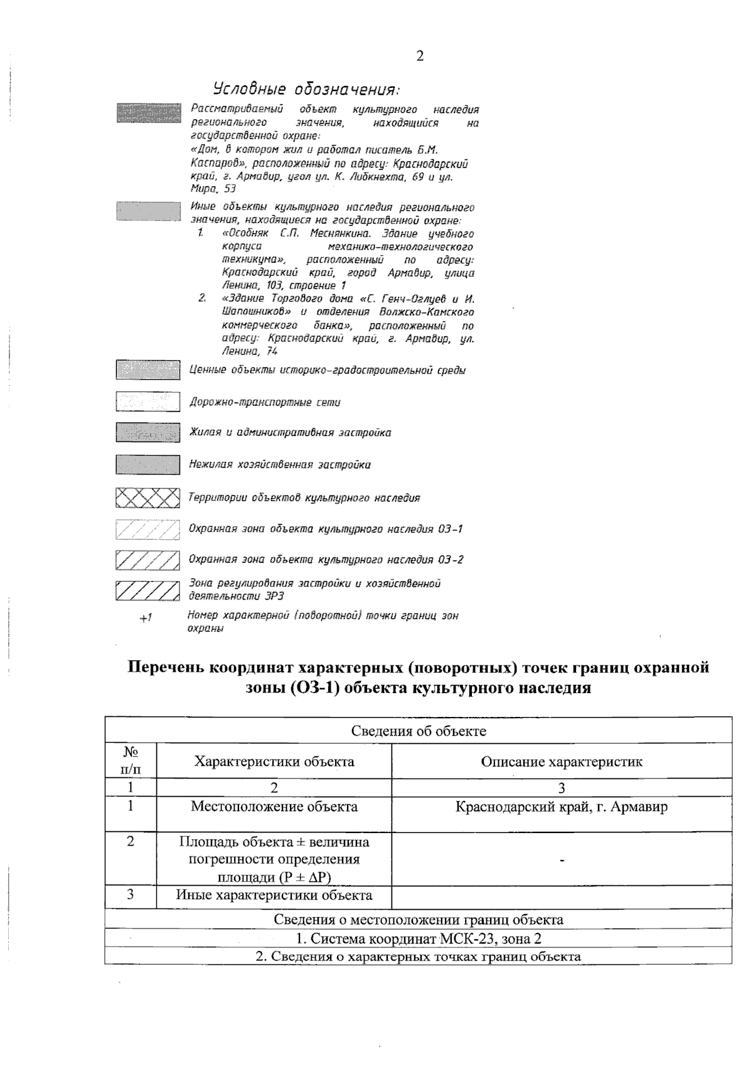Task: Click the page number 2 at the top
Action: click(x=420, y=57)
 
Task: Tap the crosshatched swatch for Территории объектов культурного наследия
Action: click(x=147, y=498)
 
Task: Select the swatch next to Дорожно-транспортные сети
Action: click(x=147, y=402)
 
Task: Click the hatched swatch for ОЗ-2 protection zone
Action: click(x=147, y=560)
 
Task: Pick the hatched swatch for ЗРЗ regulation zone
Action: click(x=147, y=591)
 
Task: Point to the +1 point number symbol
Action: click(x=146, y=618)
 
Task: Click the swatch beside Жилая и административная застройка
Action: click(x=147, y=433)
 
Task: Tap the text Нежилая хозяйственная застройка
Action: click(x=280, y=465)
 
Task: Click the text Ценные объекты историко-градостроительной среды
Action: click(x=328, y=370)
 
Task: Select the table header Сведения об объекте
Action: click(x=419, y=731)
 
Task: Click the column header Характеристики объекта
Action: click(x=274, y=762)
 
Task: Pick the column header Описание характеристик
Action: click(x=562, y=762)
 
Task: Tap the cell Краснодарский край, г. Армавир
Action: click(x=562, y=807)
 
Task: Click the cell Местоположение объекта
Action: click(x=274, y=807)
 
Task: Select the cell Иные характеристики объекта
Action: click(x=274, y=895)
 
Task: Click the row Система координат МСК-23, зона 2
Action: click(x=419, y=939)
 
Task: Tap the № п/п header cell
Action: click(x=131, y=760)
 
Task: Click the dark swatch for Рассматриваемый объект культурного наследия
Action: click(x=147, y=112)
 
